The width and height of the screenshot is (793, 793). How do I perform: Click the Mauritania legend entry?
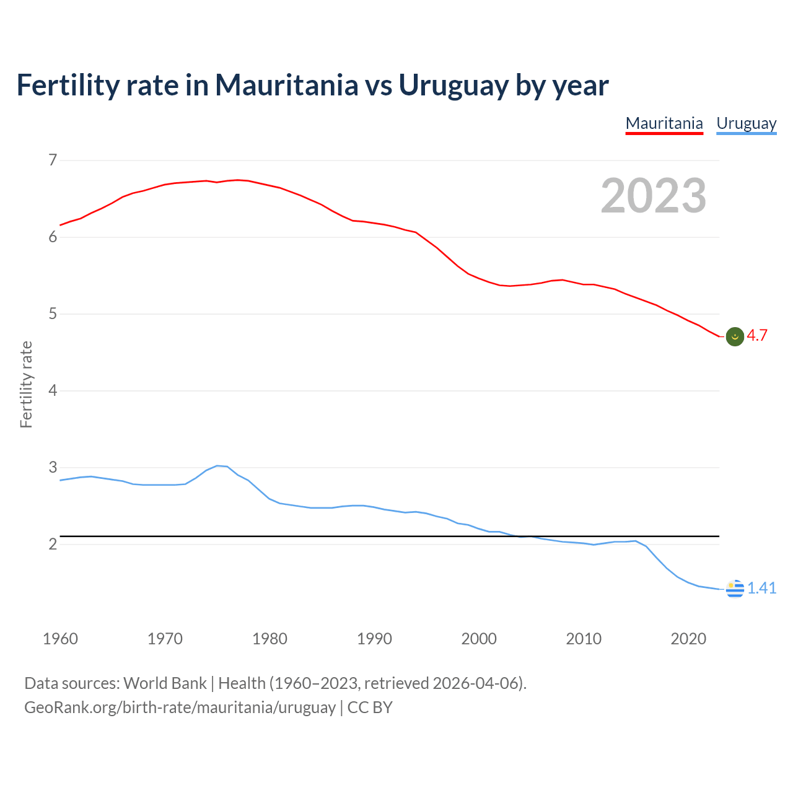664,123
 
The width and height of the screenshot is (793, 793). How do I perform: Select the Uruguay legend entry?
746,123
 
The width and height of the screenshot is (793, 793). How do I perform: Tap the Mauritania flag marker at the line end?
735,336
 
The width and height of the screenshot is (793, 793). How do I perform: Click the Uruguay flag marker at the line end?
735,589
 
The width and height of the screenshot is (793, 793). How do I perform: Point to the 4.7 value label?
757,336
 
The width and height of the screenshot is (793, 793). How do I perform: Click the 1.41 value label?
761,588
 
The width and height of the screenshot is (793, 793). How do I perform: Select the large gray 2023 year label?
654,196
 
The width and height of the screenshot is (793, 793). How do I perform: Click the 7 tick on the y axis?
53,160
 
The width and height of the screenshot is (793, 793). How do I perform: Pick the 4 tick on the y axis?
53,390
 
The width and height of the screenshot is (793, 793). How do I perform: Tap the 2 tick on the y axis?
53,544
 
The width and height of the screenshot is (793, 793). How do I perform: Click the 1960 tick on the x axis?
60,639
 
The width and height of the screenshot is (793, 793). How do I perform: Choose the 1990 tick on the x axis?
374,639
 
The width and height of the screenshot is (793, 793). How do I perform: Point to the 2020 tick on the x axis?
688,639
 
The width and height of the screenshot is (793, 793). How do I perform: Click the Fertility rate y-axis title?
26,384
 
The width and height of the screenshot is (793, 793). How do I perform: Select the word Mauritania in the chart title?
286,85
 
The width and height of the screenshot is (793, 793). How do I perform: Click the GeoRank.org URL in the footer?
180,708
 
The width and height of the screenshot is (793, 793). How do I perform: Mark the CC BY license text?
370,708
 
